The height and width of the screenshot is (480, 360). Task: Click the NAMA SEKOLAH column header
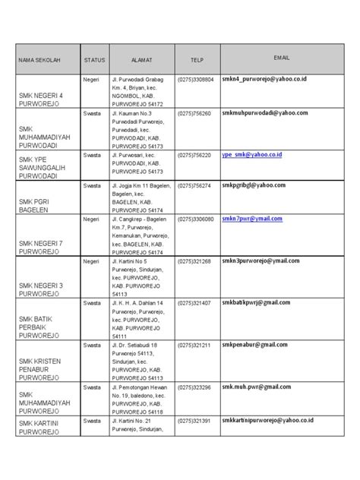click(x=39, y=58)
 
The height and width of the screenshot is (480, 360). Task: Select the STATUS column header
click(x=94, y=58)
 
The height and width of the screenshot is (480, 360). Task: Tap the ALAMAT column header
click(x=142, y=58)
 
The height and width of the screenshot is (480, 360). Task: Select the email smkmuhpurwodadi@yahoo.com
click(x=264, y=112)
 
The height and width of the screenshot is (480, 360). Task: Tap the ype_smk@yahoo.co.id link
click(x=251, y=154)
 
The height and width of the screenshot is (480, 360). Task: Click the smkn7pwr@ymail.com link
click(x=251, y=219)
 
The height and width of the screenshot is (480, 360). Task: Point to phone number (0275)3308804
click(x=196, y=79)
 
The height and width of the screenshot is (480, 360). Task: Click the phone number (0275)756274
click(x=194, y=185)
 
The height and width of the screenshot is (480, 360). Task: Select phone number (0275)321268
click(x=194, y=261)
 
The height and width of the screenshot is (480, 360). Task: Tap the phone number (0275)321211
click(x=194, y=346)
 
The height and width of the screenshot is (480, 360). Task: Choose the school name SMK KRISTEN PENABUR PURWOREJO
click(x=40, y=367)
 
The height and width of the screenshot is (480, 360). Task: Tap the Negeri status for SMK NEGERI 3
click(x=93, y=261)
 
